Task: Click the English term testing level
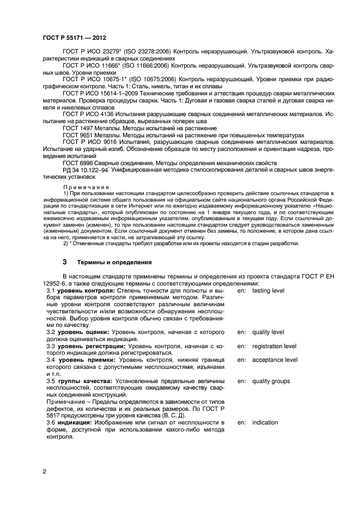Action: pyautogui.click(x=268, y=291)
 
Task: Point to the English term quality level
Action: pyautogui.click(x=268, y=332)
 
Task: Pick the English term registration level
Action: pyautogui.click(x=274, y=346)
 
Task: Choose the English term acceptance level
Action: pyautogui.click(x=274, y=360)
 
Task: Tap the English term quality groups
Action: pyautogui.click(x=271, y=381)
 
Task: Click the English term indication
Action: pyautogui.click(x=265, y=422)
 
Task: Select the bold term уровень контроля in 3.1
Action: pyautogui.click(x=82, y=291)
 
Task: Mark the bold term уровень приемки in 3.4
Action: pyautogui.click(x=81, y=360)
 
